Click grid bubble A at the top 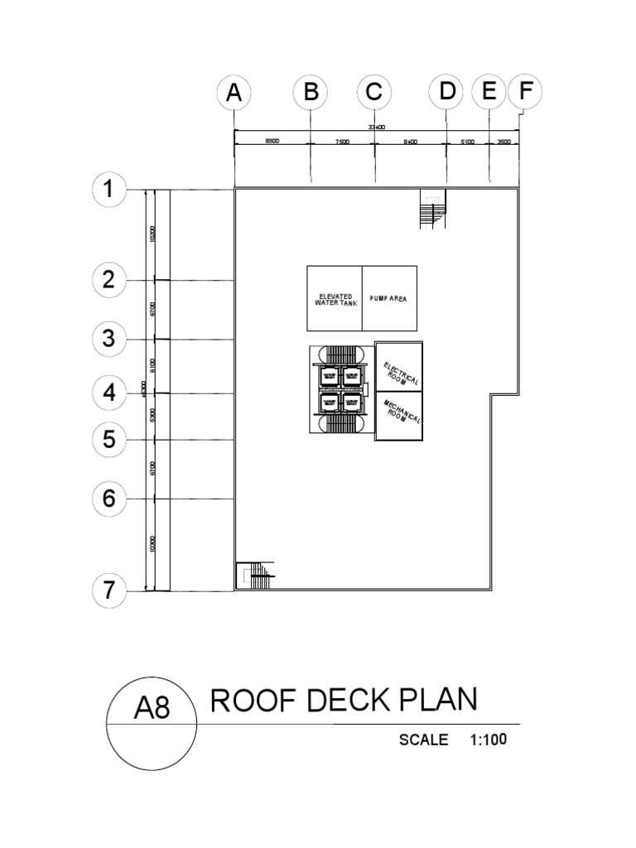point(234,94)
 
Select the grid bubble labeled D point(447,93)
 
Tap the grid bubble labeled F point(523,93)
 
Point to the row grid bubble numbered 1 point(108,190)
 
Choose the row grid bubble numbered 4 point(108,393)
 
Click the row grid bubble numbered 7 point(108,591)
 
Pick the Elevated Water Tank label point(334,299)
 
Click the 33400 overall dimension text point(378,127)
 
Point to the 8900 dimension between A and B point(272,142)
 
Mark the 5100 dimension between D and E point(467,142)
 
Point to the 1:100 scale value point(488,740)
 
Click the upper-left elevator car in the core point(329,377)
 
